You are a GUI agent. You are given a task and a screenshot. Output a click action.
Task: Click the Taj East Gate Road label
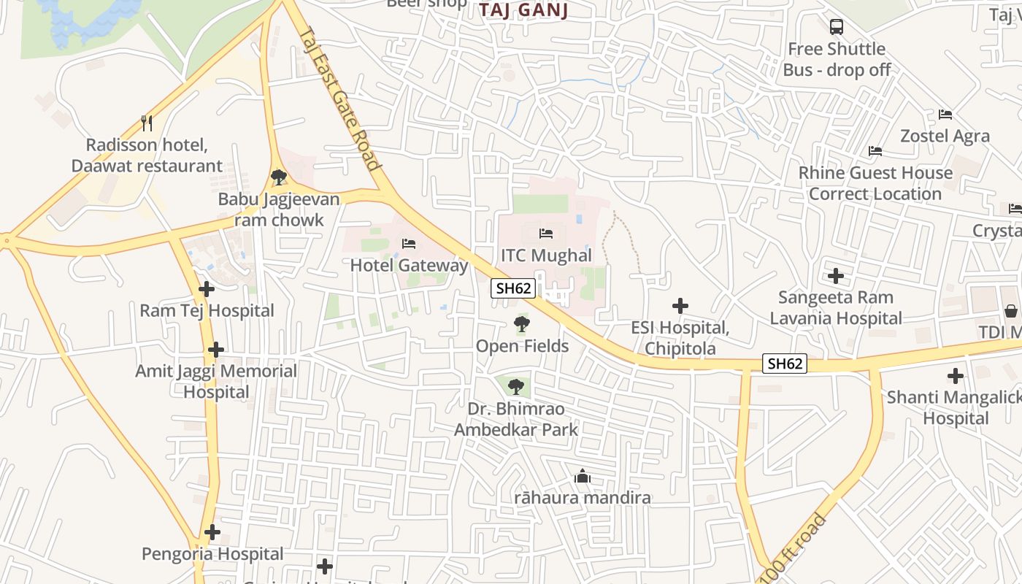click(340, 99)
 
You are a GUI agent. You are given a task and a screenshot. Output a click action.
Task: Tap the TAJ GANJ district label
click(524, 10)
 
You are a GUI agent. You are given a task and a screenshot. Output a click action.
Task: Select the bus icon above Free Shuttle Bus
click(837, 27)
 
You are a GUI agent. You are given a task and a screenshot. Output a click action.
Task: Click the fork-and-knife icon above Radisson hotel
click(147, 123)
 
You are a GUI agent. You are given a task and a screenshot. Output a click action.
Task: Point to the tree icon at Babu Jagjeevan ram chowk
click(278, 177)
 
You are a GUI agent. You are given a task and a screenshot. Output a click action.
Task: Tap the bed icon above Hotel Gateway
click(409, 243)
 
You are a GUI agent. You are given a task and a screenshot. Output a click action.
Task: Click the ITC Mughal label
click(546, 255)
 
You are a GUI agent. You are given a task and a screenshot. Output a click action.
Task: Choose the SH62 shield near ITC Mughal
click(513, 288)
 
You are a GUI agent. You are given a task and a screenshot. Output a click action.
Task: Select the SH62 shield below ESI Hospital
click(785, 364)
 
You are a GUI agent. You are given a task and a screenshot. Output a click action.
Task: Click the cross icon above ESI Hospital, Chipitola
click(680, 306)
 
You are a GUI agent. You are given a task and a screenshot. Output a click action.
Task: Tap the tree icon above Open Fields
click(521, 324)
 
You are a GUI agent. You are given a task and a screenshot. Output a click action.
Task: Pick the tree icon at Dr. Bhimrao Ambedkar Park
click(516, 386)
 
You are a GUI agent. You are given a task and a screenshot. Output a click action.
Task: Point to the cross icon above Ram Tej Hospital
click(207, 289)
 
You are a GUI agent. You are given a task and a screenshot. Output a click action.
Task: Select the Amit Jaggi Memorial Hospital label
click(216, 381)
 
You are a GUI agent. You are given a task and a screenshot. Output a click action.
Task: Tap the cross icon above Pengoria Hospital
click(212, 532)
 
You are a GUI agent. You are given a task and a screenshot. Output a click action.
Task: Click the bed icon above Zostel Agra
click(945, 115)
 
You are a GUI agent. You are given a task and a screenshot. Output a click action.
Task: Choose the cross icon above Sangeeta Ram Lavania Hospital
click(836, 276)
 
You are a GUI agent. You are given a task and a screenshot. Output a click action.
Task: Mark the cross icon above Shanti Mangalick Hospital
click(956, 377)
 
